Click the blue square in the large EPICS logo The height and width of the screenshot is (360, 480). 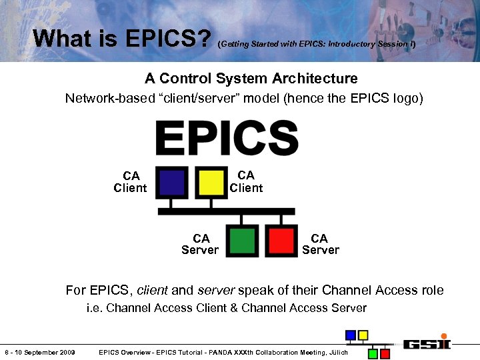tap(172, 181)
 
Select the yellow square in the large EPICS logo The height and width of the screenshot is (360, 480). tap(211, 181)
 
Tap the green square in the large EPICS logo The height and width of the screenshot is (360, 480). tap(242, 241)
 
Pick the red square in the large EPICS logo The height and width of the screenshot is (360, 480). tap(281, 241)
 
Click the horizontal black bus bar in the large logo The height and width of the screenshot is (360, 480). tap(226, 211)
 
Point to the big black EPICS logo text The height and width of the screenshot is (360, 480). tap(226, 138)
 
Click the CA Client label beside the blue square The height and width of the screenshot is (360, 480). tap(131, 182)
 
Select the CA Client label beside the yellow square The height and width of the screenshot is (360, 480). tap(246, 181)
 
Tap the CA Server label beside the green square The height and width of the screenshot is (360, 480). tap(200, 244)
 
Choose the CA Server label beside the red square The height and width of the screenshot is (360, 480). tap(320, 244)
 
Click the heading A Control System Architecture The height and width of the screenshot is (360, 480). tap(251, 79)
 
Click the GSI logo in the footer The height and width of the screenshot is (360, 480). tap(427, 344)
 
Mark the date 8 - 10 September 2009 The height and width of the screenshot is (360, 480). tap(40, 352)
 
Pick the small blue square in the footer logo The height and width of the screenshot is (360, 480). tap(350, 335)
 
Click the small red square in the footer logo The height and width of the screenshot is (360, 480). tap(385, 353)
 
